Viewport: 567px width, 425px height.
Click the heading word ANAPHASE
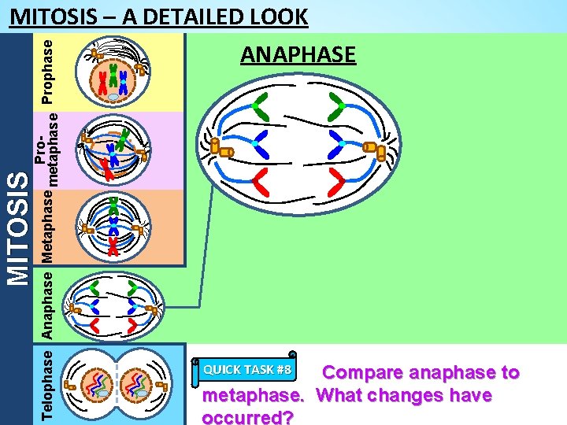pos(298,55)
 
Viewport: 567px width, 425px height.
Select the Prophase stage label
pos(48,72)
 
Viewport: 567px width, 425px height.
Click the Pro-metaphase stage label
pos(48,150)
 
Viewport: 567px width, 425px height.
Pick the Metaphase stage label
pos(48,228)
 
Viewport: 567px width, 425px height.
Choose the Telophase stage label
pos(48,383)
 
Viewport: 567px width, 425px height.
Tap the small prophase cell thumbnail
pos(114,73)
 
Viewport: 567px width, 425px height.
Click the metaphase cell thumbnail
pos(114,227)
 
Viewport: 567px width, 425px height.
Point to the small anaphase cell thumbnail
pos(114,306)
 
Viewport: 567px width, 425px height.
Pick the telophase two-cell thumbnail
pos(114,383)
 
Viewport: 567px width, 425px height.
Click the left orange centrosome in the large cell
pos(224,150)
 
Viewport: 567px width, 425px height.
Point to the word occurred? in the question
pos(248,416)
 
